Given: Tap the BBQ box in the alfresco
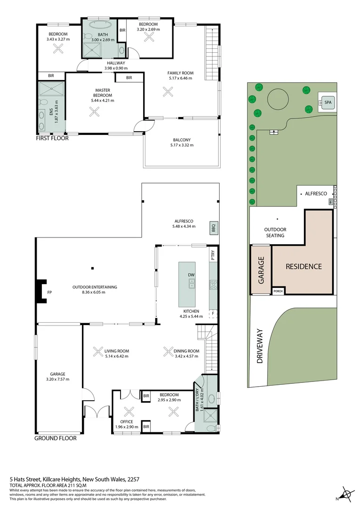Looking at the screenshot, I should (x=213, y=228).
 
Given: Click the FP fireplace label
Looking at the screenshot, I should (x=49, y=292).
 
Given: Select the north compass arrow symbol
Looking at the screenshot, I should (x=347, y=494).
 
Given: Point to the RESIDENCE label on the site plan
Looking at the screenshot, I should (x=304, y=266).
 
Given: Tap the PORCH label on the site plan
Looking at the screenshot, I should (x=279, y=292).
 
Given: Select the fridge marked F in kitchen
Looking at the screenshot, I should (x=213, y=313).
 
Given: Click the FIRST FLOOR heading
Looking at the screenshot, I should (x=52, y=138).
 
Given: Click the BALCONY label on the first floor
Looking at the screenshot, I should (x=181, y=140).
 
